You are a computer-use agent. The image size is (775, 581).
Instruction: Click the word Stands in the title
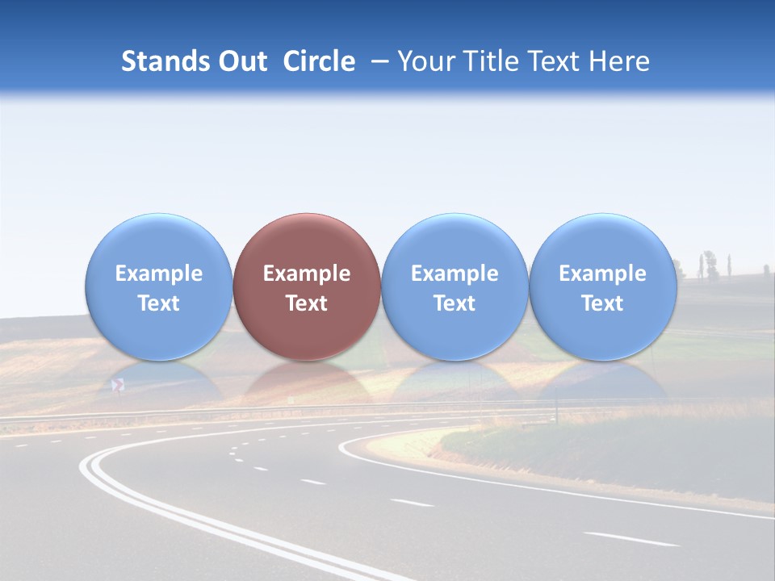coord(165,61)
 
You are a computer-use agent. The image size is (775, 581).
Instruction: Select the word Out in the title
coord(243,61)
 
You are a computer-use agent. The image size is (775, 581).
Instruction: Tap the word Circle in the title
coord(319,61)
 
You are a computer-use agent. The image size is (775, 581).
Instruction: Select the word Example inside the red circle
coord(307,274)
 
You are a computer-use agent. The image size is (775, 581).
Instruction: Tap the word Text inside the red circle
coord(307,303)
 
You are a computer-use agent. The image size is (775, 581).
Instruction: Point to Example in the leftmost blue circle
coord(159,274)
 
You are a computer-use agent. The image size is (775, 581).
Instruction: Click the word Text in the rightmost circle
coord(602,303)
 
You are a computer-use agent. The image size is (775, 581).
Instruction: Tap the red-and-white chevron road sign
coord(118,386)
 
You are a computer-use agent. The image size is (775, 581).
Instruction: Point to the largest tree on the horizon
coord(710,263)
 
